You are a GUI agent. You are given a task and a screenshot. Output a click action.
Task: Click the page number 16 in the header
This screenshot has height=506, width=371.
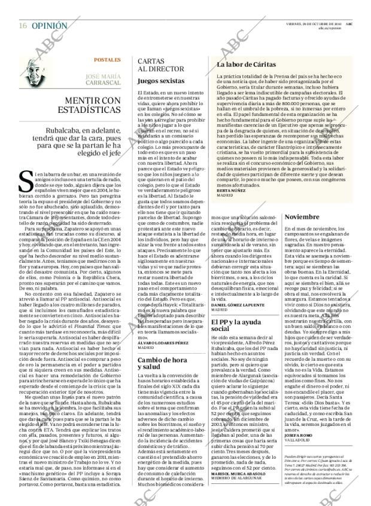22,26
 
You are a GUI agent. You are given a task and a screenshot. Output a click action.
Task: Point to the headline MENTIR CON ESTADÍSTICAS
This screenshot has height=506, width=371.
88,105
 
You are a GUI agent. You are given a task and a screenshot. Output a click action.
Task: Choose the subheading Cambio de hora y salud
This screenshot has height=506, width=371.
159,364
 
